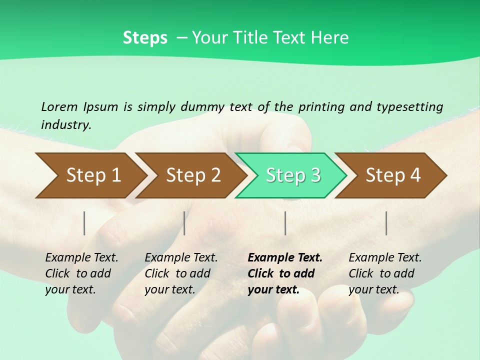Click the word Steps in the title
145,38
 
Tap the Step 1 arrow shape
90,175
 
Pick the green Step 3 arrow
292,175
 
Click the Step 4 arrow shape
392,175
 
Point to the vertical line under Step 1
84,223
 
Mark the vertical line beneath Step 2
184,223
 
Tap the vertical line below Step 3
285,223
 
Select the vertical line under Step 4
386,223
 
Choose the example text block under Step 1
81,273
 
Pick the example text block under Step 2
181,273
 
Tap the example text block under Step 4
385,273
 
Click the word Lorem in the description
59,106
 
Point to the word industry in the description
66,125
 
